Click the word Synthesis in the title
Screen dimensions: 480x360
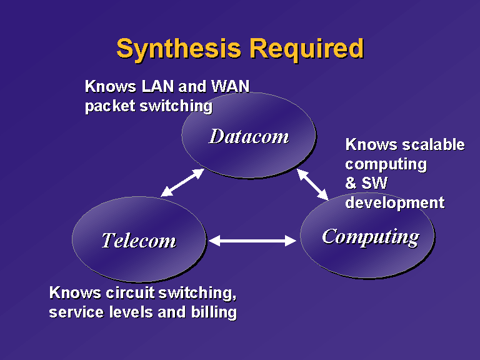click(x=179, y=49)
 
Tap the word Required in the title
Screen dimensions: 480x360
click(x=307, y=49)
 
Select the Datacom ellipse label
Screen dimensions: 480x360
click(x=249, y=136)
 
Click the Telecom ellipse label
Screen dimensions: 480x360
click(x=139, y=240)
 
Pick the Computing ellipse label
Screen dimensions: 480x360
click(x=371, y=237)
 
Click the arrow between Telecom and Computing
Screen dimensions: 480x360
click(x=252, y=240)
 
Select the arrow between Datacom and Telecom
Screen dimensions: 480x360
click(x=182, y=182)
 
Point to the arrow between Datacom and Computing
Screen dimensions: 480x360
click(x=312, y=184)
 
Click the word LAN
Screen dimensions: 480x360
click(x=157, y=86)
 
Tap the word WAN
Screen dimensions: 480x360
click(x=230, y=86)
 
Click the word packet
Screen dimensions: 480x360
click(x=110, y=106)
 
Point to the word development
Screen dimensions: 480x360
click(x=394, y=203)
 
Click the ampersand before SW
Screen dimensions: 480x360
click(x=351, y=183)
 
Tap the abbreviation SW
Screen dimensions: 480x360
click(x=374, y=183)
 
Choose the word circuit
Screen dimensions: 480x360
click(x=130, y=292)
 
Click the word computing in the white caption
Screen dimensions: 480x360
click(x=386, y=165)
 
